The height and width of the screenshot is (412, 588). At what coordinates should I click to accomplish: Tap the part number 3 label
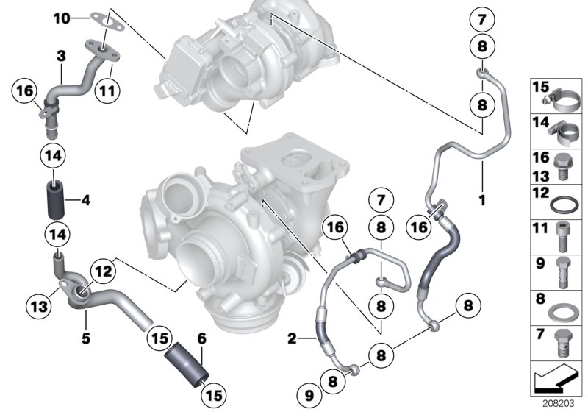pos(61,56)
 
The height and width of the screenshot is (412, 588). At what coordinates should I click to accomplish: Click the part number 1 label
pos(482,179)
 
